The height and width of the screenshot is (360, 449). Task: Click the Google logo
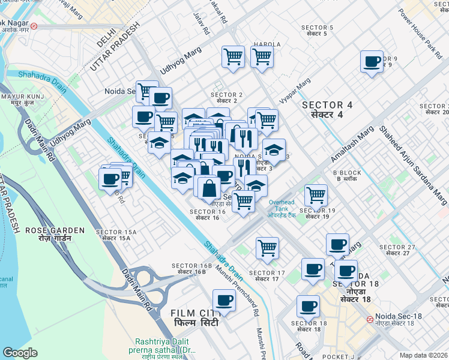[20, 352]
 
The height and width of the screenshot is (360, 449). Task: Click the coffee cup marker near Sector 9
[372, 61]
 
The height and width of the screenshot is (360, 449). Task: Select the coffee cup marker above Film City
[224, 299]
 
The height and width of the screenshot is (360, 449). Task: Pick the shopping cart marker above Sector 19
[316, 194]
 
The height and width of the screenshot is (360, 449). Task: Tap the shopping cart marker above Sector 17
[267, 247]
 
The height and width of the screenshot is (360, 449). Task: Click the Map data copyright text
[423, 355]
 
